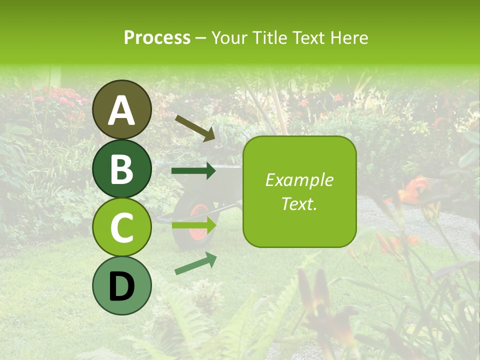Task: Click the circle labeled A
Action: (x=122, y=109)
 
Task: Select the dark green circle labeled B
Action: (x=122, y=168)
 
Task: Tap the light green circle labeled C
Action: (x=122, y=227)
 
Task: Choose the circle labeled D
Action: (x=122, y=285)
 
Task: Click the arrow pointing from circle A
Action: (x=195, y=127)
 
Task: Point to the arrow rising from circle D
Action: (x=195, y=263)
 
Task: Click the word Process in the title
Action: (x=157, y=37)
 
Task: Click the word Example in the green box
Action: (x=299, y=180)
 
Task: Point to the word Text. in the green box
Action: (x=299, y=203)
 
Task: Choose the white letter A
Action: (x=122, y=110)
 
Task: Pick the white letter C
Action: (x=122, y=228)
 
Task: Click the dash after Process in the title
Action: (x=201, y=38)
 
